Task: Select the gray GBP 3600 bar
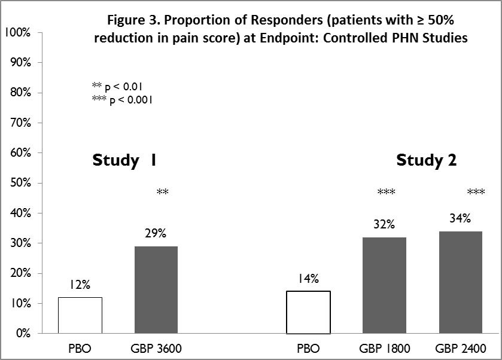156,289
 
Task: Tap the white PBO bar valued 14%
309,312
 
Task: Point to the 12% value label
79,285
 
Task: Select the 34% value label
460,219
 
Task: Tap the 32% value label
384,225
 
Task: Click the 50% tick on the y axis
20,182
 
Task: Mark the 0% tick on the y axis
22,333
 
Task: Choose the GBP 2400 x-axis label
460,349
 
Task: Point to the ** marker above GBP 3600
163,193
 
